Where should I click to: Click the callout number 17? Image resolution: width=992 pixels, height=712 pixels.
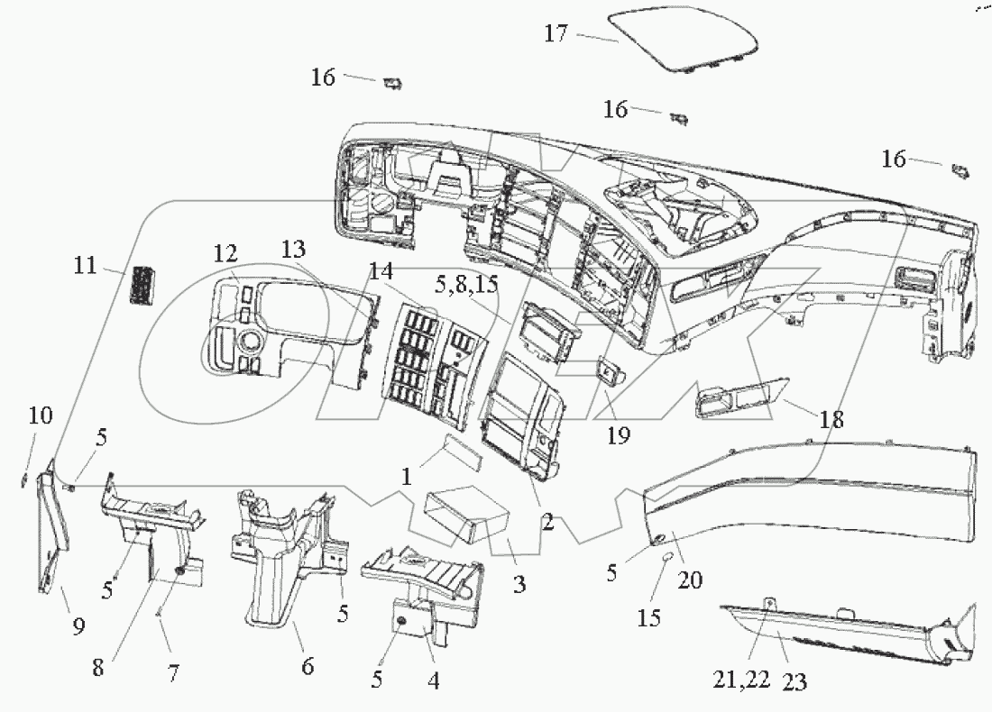[556, 34]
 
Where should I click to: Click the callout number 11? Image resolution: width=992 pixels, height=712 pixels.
[87, 266]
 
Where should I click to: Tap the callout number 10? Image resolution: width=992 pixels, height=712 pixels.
[40, 416]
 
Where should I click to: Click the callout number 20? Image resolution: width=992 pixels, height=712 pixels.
[689, 581]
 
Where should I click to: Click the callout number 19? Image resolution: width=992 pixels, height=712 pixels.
[619, 436]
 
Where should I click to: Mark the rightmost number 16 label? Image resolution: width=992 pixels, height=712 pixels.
[893, 160]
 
